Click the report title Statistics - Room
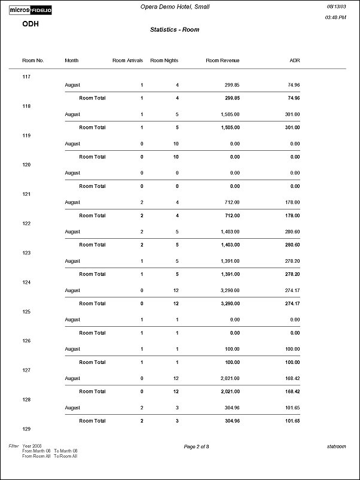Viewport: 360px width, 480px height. click(175, 29)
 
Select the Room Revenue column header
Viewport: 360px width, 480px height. click(222, 60)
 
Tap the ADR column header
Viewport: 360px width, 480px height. click(294, 60)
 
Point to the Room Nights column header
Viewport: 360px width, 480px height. click(164, 60)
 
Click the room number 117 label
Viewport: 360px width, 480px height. click(26, 77)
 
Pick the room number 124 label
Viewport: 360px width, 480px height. click(26, 282)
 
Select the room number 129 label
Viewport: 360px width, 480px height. click(26, 429)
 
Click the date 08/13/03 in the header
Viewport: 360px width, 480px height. click(335, 6)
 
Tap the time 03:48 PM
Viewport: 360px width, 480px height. click(335, 18)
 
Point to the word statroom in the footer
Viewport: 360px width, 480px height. click(337, 446)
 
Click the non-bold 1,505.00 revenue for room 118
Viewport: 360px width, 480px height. click(227, 114)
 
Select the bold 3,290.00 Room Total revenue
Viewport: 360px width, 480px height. click(227, 303)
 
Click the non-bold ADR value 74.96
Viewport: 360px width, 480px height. click(294, 85)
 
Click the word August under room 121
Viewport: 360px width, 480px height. click(72, 202)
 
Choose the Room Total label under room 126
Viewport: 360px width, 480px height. click(92, 362)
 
